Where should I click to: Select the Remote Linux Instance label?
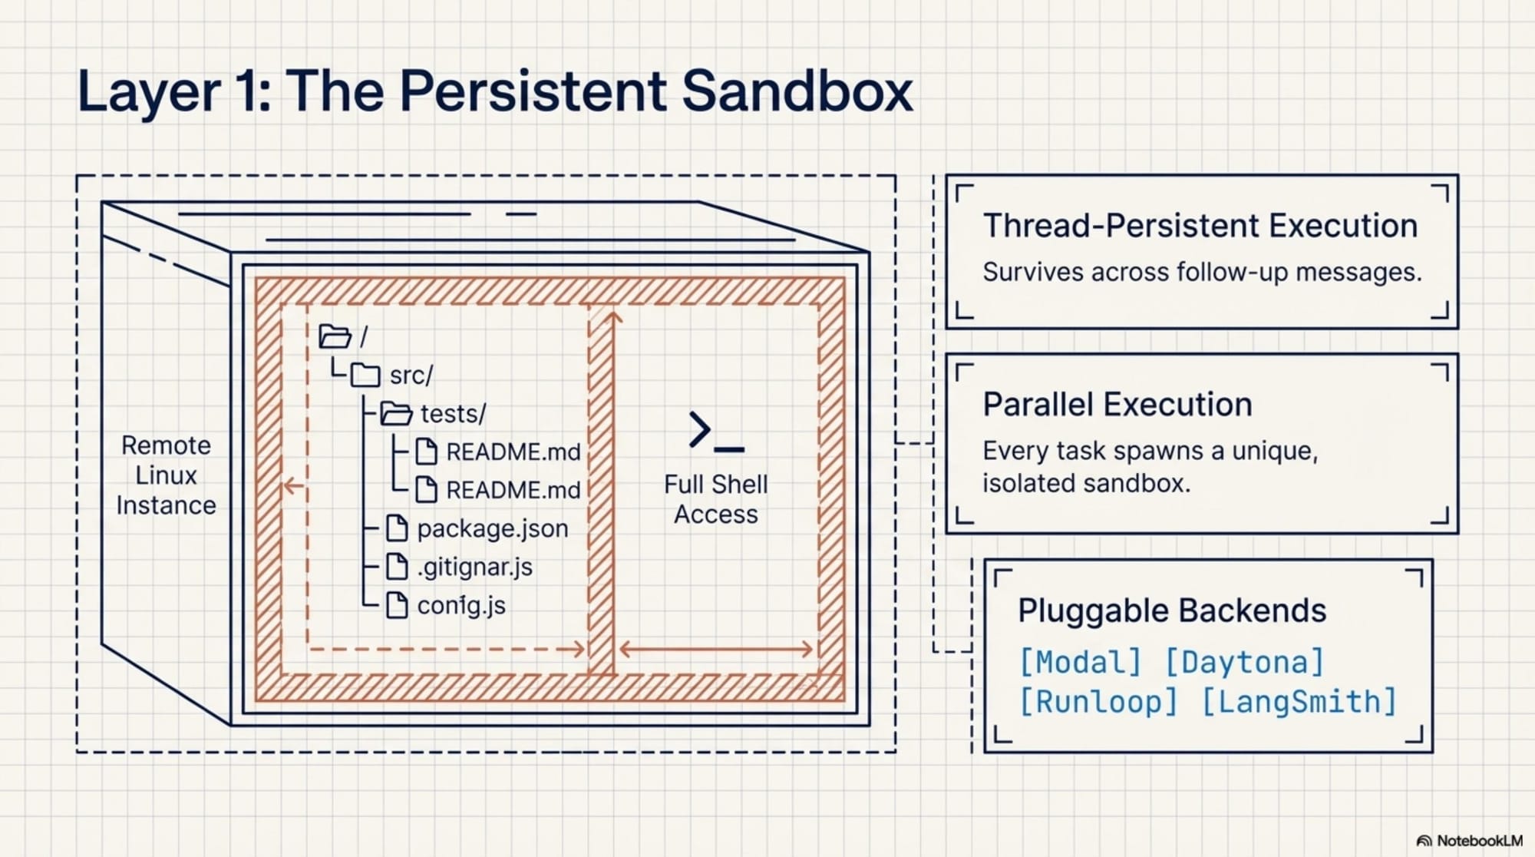[166, 475]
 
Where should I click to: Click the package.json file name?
[492, 528]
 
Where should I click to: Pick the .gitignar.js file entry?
[474, 567]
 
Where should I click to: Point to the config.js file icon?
[396, 605]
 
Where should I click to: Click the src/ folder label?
[411, 376]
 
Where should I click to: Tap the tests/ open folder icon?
[396, 414]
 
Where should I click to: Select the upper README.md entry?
[513, 452]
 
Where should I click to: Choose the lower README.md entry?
[513, 490]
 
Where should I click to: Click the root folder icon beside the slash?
[335, 336]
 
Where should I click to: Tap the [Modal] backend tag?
[1080, 662]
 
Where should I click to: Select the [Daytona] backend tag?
[1245, 662]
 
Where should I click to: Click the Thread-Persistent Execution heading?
[1200, 226]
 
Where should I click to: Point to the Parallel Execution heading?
[1117, 405]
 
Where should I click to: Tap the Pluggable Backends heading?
[1171, 610]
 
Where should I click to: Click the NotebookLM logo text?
[1478, 841]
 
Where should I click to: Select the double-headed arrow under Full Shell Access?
[715, 650]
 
